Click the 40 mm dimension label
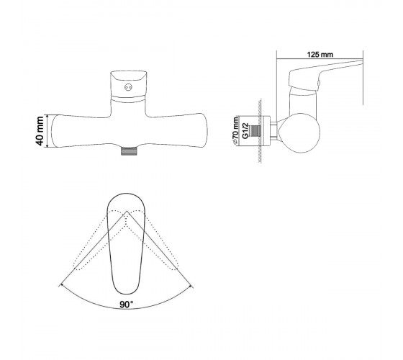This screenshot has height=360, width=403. pyautogui.click(x=40, y=131)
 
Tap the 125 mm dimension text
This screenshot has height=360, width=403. pyautogui.click(x=320, y=55)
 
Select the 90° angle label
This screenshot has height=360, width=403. pyautogui.click(x=127, y=305)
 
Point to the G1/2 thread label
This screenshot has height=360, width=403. pyautogui.click(x=245, y=131)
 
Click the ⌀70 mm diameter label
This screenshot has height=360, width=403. pyautogui.click(x=235, y=131)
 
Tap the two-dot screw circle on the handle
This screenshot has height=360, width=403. pyautogui.click(x=128, y=87)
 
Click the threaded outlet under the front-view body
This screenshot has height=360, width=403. pyautogui.click(x=129, y=151)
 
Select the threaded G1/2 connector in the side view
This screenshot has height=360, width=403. pyautogui.click(x=255, y=131)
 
